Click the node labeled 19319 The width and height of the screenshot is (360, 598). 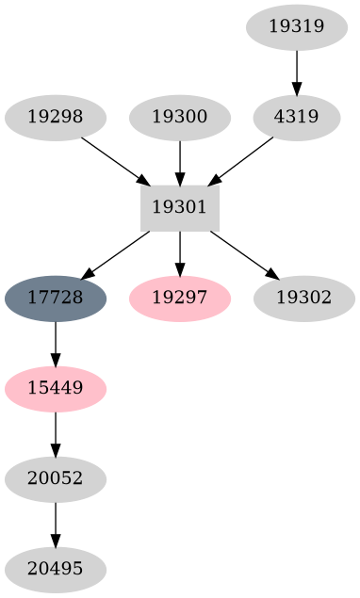coord(297,27)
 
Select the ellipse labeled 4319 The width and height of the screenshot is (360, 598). coord(297,118)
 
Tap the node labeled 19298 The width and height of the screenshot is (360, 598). coord(56,118)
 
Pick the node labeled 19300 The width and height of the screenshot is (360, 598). coord(180,118)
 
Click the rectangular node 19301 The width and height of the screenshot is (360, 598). coord(180,208)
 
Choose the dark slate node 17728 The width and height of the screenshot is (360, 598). coord(56,299)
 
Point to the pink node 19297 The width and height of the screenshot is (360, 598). coord(180,299)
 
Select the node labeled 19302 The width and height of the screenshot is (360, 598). coord(304,299)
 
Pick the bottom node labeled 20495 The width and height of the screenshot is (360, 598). coord(56,570)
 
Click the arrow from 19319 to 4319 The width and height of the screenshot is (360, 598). coord(297,73)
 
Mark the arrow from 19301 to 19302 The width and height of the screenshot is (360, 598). coord(243,254)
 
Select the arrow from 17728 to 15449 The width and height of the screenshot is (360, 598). coord(56,344)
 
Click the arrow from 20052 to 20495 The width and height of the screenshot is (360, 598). coord(56,525)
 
